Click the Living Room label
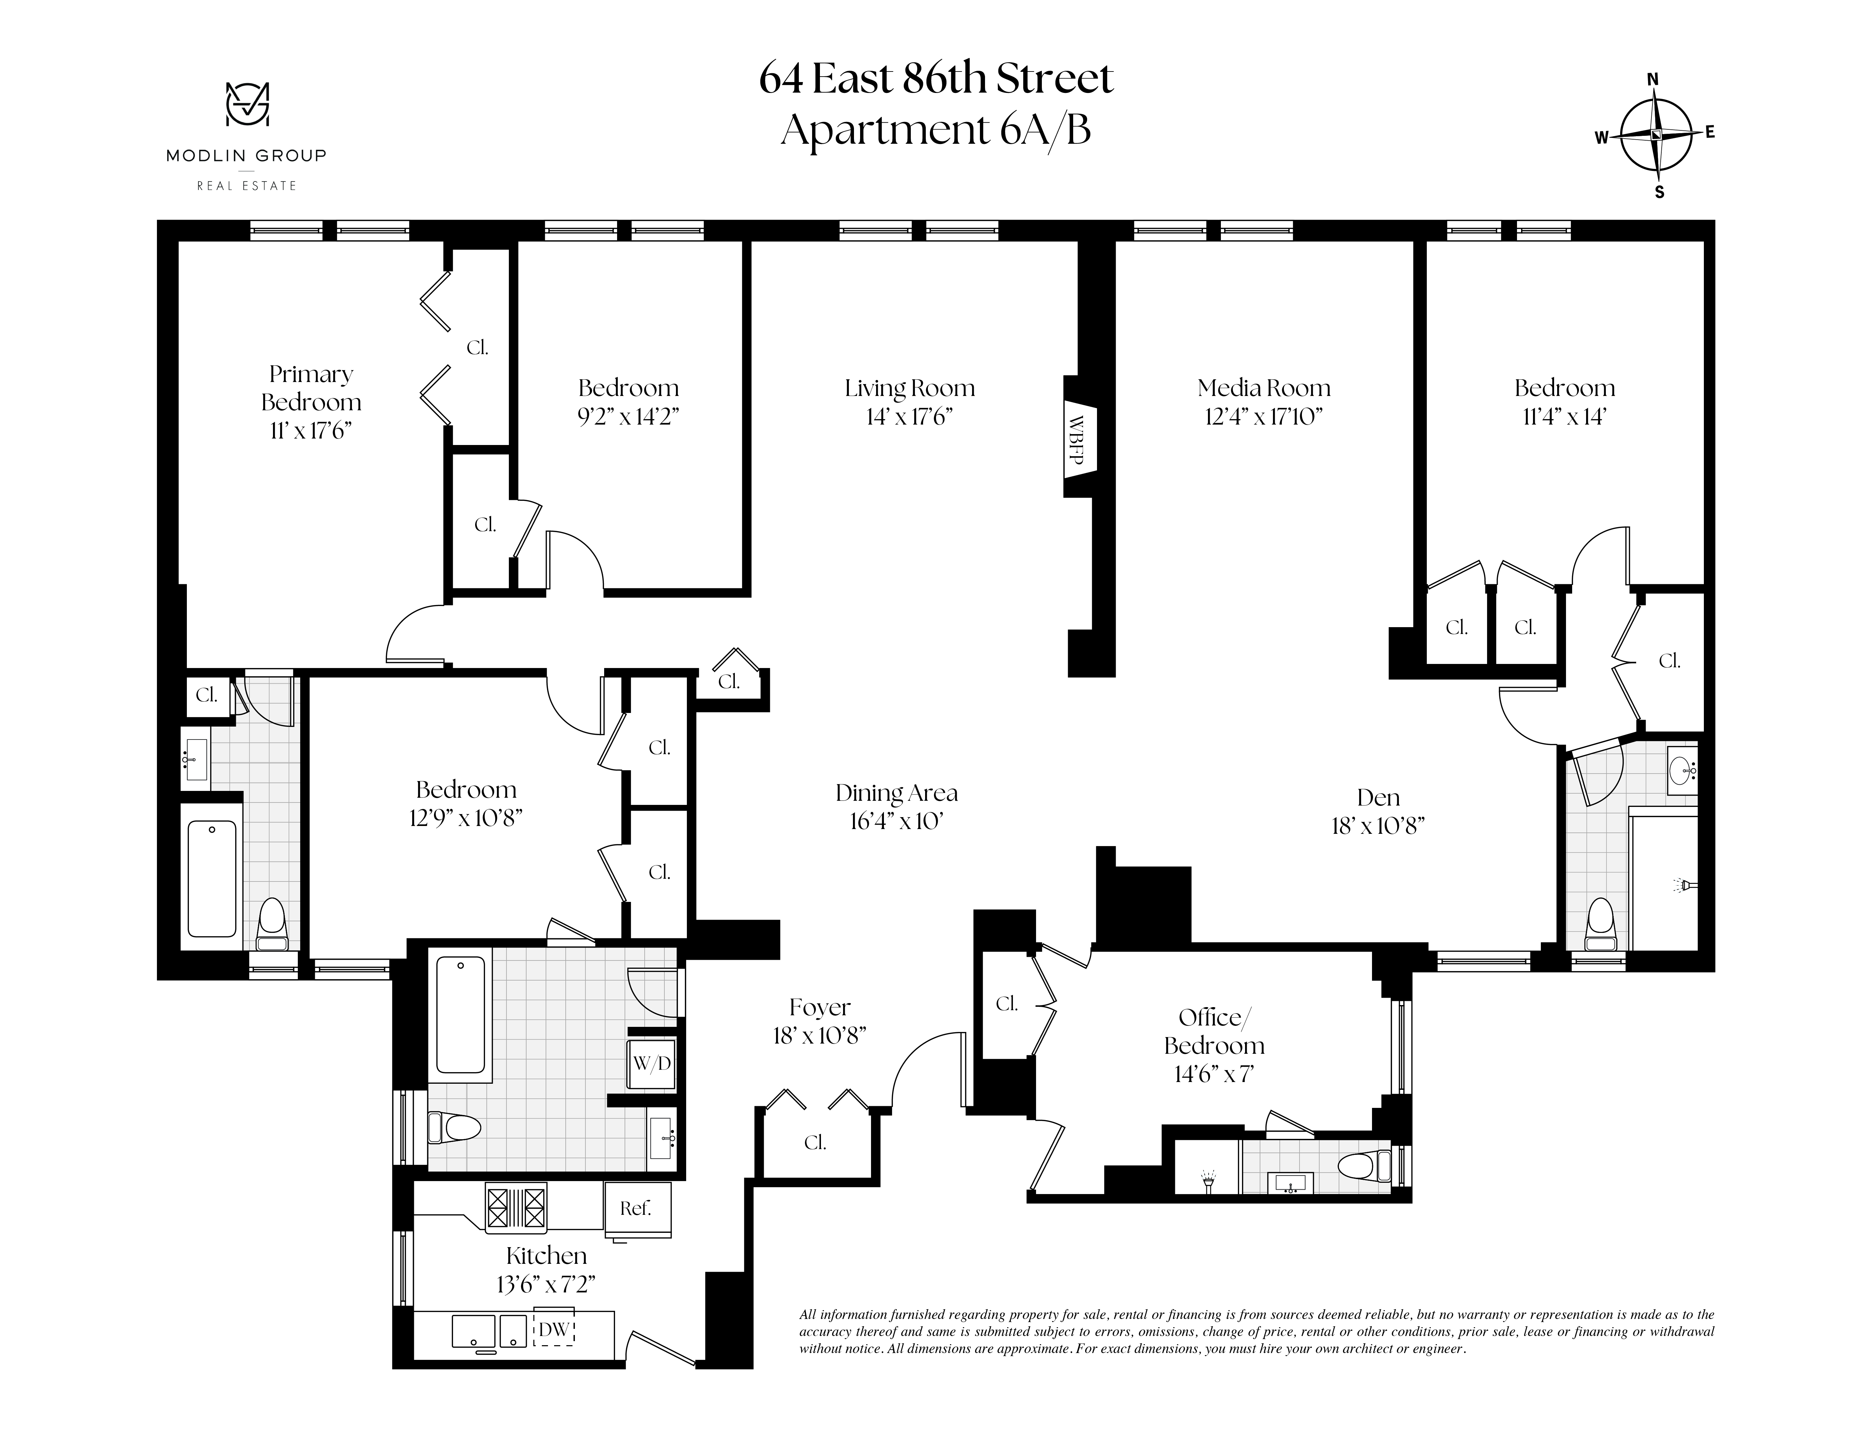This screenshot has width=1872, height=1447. (x=909, y=388)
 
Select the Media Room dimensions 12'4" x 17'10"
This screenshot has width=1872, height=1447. (x=1263, y=417)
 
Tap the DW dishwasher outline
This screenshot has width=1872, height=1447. (x=554, y=1330)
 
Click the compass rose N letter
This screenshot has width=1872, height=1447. (x=1652, y=80)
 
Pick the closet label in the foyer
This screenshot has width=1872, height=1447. (x=815, y=1143)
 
